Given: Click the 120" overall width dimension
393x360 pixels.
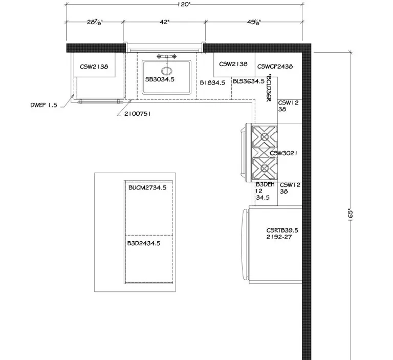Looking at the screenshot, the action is (x=184, y=5).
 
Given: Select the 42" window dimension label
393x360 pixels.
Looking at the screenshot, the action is (x=164, y=22).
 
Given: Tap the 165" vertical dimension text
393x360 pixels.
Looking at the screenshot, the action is (x=350, y=215).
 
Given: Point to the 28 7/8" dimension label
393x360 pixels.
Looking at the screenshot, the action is (x=95, y=22).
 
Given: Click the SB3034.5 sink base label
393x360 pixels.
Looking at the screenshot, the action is (x=160, y=79).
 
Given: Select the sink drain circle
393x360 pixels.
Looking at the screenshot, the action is (x=166, y=71).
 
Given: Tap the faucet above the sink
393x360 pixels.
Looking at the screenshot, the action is (x=167, y=56).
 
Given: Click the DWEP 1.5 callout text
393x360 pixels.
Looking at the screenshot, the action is (x=43, y=105).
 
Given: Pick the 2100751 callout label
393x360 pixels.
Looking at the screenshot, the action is (x=138, y=114).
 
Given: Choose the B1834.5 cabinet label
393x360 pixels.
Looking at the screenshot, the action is (x=212, y=82).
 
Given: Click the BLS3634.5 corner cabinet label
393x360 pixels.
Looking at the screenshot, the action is (x=249, y=81).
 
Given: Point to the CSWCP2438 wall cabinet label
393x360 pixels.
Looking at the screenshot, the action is (x=275, y=67).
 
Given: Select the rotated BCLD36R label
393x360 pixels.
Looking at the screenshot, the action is (x=269, y=88).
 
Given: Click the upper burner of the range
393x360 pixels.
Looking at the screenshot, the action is (x=265, y=137).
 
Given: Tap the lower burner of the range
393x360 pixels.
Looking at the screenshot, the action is (x=265, y=168).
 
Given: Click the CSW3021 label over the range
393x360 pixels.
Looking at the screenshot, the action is (x=283, y=153).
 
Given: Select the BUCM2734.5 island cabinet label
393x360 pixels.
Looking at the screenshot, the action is (x=147, y=187).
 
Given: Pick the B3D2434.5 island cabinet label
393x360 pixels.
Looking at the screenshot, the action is (x=144, y=243).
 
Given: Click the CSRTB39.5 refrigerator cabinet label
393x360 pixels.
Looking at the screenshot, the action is (x=282, y=230).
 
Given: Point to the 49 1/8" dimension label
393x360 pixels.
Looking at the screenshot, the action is (x=254, y=23).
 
